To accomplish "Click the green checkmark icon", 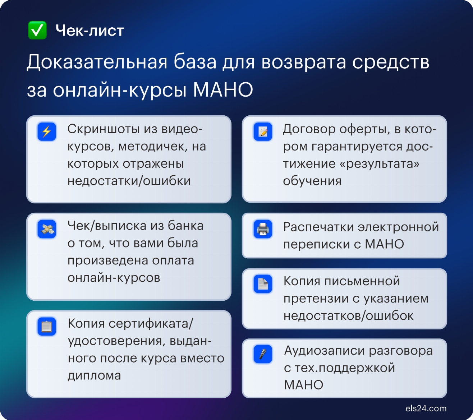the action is [x=37, y=30].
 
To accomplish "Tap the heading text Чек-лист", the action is [x=89, y=31].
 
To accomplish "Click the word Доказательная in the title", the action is [x=97, y=62].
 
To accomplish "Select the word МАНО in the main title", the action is [x=223, y=89].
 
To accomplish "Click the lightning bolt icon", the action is [x=47, y=131].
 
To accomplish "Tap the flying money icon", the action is [x=47, y=229].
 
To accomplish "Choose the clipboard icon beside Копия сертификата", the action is [x=47, y=327].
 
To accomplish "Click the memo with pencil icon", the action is [x=263, y=131].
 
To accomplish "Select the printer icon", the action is [x=263, y=229].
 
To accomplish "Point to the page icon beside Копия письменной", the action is [x=263, y=284].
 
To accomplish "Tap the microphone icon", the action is [x=263, y=354].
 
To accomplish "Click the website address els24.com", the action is [x=426, y=409].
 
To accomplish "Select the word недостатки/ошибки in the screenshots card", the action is [x=129, y=181].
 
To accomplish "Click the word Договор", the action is [x=309, y=129].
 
